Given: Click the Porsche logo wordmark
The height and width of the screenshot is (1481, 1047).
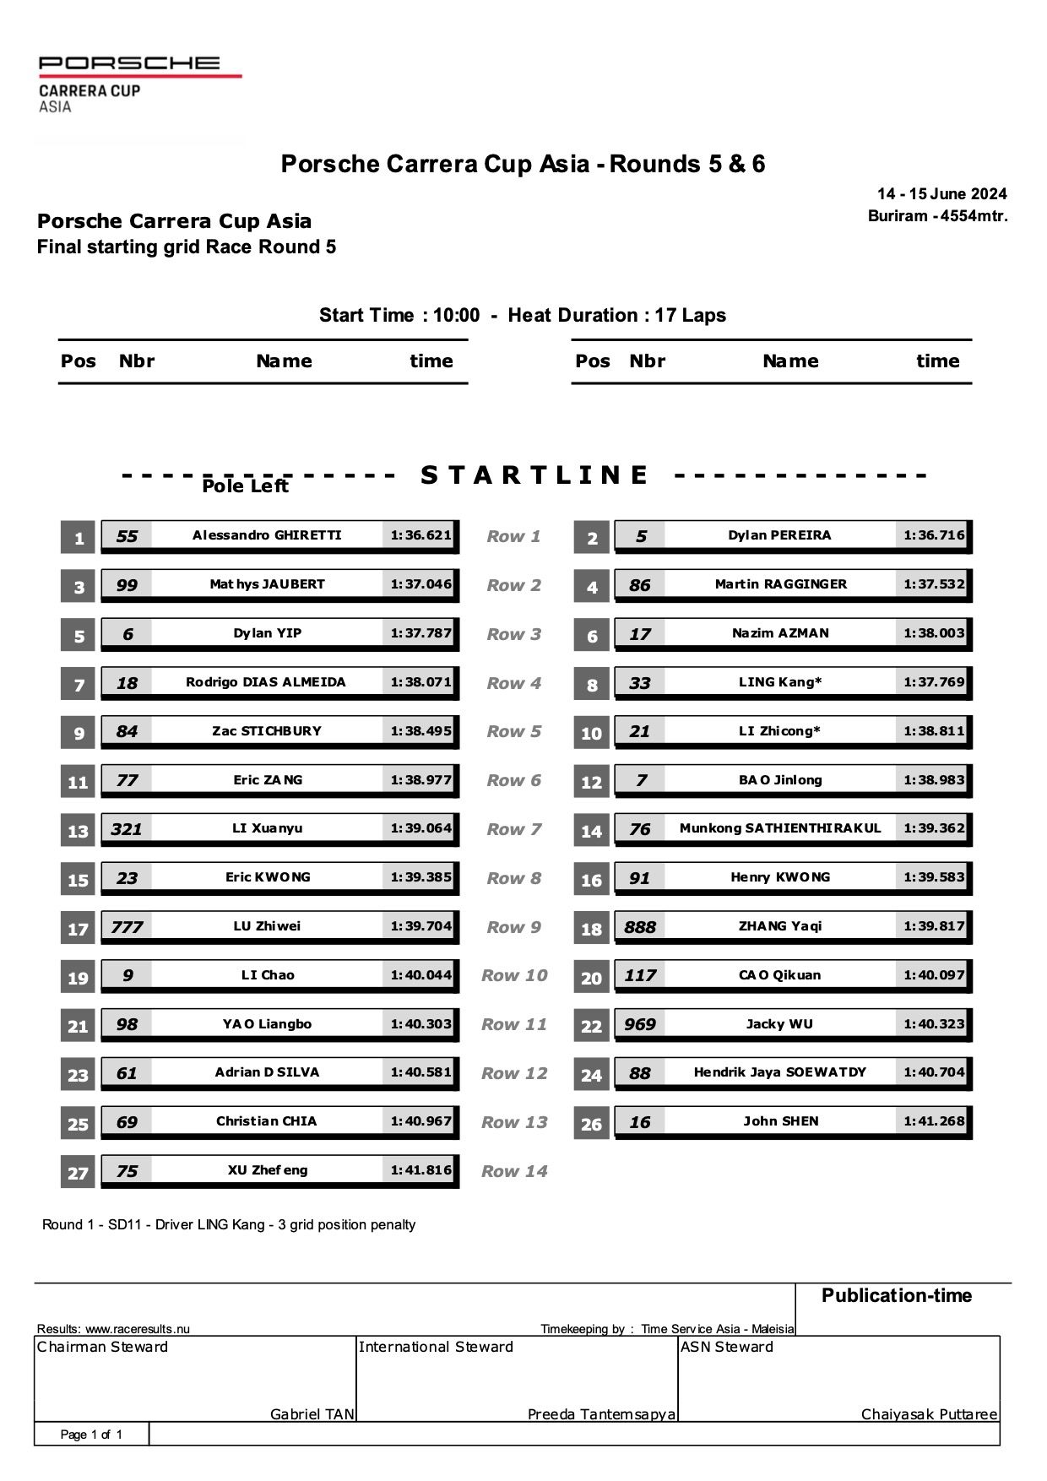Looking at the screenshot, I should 129,62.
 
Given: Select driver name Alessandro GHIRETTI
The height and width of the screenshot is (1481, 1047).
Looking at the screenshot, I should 267,535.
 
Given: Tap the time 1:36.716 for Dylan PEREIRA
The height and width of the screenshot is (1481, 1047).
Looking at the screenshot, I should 933,535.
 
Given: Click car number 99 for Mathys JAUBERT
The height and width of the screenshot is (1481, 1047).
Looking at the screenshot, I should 127,585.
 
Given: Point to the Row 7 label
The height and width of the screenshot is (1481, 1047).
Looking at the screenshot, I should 513,829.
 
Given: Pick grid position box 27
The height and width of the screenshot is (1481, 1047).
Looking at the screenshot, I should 78,1173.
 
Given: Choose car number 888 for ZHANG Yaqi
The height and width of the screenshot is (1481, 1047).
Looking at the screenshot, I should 640,927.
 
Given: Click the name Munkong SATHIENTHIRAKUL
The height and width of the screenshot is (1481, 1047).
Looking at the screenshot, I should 780,828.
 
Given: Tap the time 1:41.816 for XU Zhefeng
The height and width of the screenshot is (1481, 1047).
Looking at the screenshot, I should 420,1170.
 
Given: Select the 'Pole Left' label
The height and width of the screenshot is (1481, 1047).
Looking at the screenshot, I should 245,486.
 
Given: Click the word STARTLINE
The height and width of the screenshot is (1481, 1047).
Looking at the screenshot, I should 534,475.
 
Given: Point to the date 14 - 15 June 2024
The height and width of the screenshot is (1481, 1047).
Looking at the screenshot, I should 941,194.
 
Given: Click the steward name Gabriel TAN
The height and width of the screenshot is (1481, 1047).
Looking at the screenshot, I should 312,1414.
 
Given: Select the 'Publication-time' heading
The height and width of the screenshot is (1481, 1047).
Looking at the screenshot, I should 896,1295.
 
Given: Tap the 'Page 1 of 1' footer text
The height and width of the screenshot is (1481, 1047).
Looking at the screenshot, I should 91,1435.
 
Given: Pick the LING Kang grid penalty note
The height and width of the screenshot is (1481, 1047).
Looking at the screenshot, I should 229,1224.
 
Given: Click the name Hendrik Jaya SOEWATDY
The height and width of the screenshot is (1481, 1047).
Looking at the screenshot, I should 780,1072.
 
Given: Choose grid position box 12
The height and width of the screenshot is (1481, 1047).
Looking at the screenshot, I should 591,783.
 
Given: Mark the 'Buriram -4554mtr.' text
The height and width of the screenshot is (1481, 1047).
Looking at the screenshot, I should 937,216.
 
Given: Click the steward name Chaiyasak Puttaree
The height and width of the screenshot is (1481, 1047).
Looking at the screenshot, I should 929,1414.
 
